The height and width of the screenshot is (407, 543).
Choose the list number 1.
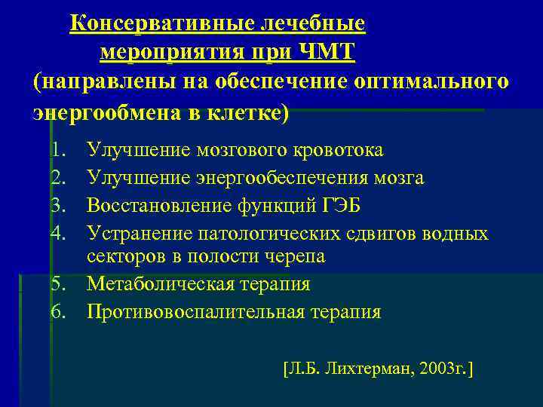click(57, 150)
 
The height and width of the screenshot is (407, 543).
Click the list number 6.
click(57, 311)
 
